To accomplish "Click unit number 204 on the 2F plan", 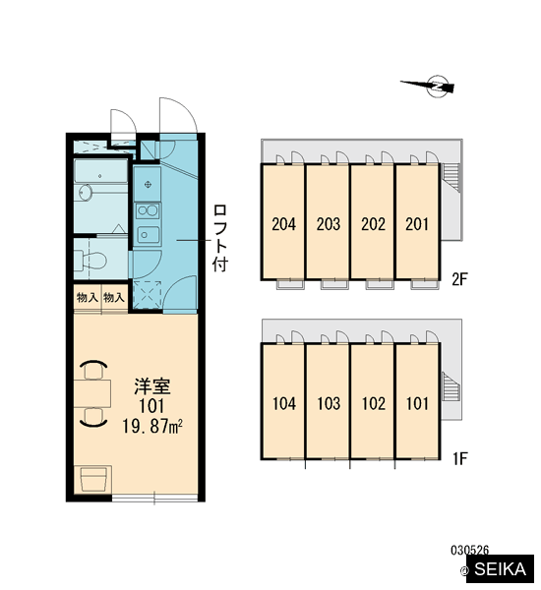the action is (284, 224).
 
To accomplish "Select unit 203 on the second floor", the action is (329, 224).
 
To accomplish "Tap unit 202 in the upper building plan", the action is (373, 224).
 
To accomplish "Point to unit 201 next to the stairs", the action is (417, 224).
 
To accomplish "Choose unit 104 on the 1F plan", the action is (284, 404).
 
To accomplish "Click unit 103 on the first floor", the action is (329, 404).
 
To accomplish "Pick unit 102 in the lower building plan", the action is (374, 404).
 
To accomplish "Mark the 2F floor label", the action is (459, 279).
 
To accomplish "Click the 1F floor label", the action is (459, 458).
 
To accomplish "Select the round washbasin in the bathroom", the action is (86, 193).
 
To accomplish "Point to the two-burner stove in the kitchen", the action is (148, 210).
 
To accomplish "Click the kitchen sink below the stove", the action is (148, 235).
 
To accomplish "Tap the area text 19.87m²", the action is (152, 427).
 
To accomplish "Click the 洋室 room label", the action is (152, 386).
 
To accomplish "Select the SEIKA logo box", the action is (500, 568).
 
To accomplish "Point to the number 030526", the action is (469, 550).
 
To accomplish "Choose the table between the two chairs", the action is (92, 393).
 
